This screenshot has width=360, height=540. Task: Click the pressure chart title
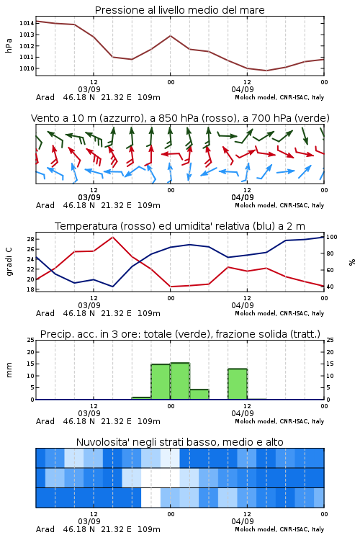click(179, 10)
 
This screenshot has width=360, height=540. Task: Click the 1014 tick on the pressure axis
click(27, 23)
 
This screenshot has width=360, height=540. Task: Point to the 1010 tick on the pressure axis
click(27, 68)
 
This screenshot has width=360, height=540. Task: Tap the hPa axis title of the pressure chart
click(9, 46)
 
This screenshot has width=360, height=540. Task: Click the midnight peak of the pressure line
click(170, 35)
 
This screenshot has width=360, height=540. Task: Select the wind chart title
click(180, 118)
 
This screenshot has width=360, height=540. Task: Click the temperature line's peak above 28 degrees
click(112, 237)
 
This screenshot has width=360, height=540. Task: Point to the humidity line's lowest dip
click(112, 287)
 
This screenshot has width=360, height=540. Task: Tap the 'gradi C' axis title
click(9, 262)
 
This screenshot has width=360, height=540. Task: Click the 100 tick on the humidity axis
click(332, 237)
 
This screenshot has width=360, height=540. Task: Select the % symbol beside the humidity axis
click(352, 262)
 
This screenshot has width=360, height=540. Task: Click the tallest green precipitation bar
click(180, 381)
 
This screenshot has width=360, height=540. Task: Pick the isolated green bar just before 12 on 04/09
click(238, 384)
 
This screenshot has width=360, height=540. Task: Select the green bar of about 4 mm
click(199, 395)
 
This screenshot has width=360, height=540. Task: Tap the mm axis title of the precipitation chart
click(9, 370)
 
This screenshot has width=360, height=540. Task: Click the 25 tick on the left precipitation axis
click(31, 340)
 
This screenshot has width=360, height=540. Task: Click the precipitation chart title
click(180, 334)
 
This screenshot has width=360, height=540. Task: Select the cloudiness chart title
click(179, 442)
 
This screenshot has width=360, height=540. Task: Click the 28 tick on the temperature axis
click(30, 239)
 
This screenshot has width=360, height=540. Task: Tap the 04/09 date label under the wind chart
click(243, 197)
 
